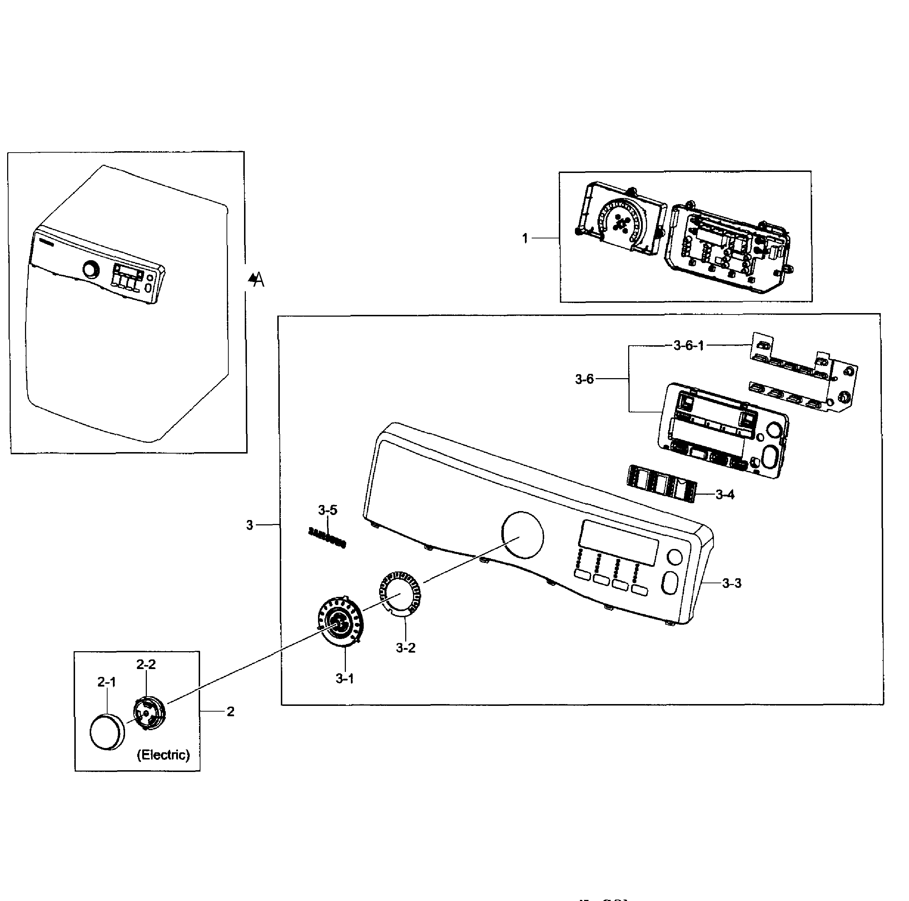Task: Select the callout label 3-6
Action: pyautogui.click(x=584, y=379)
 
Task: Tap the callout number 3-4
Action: pyautogui.click(x=725, y=495)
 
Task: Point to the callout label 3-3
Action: pyautogui.click(x=732, y=583)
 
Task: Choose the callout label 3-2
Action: pyautogui.click(x=405, y=648)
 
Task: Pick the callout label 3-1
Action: pyautogui.click(x=345, y=678)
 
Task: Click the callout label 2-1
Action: pyautogui.click(x=107, y=682)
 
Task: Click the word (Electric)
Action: pyautogui.click(x=163, y=755)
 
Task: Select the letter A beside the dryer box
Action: pyautogui.click(x=258, y=281)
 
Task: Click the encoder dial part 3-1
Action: pyautogui.click(x=340, y=622)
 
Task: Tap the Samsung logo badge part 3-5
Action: pyautogui.click(x=327, y=538)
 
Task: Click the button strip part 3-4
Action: pyautogui.click(x=661, y=483)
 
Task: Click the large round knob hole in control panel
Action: pyautogui.click(x=522, y=535)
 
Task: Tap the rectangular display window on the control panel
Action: pyautogui.click(x=618, y=543)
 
